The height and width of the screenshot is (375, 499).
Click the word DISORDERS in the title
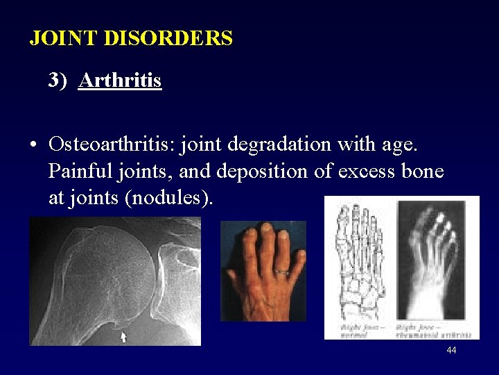[168, 38]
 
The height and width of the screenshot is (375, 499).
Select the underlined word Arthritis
[120, 81]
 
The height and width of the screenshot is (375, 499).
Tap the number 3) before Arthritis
[58, 81]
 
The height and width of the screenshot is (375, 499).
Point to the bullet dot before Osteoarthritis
[33, 146]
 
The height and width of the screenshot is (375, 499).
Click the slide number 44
[451, 351]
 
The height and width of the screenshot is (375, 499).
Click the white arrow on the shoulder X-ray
[123, 337]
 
